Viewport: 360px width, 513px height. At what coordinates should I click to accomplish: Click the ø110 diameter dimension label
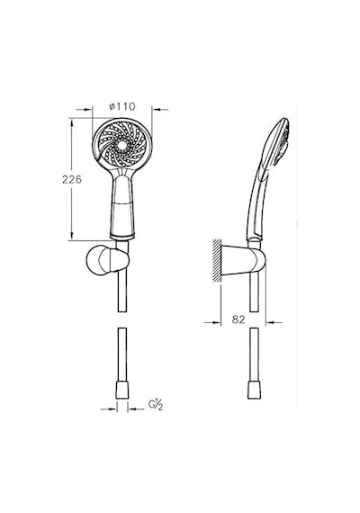click(x=122, y=106)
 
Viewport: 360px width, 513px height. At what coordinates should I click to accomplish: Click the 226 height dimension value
click(x=72, y=179)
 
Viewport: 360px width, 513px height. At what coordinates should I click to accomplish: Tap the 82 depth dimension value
click(x=238, y=319)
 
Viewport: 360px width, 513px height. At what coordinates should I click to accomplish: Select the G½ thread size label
click(x=156, y=405)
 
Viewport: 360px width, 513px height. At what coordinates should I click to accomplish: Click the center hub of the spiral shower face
click(x=122, y=145)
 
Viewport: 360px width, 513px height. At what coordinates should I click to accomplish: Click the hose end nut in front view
click(x=122, y=390)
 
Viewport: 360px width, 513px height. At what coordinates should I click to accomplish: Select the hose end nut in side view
click(x=254, y=390)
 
